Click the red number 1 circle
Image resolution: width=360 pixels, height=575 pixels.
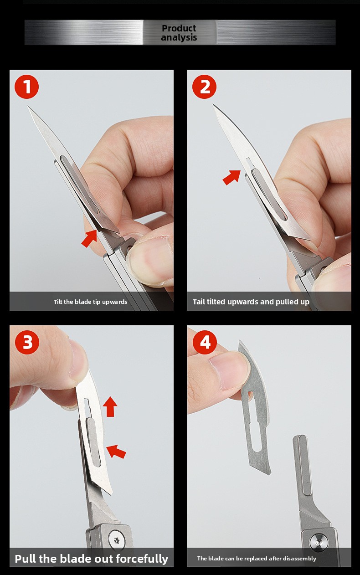tap(27, 87)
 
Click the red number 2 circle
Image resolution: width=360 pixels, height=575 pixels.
tap(205, 87)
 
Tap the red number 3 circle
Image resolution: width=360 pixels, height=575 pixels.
tap(27, 342)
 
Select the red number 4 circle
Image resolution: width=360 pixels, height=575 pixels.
tap(205, 342)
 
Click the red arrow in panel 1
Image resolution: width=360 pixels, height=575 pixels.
tap(89, 239)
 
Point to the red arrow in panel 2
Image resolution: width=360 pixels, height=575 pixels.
tap(231, 177)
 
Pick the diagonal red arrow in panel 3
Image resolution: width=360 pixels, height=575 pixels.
tap(116, 452)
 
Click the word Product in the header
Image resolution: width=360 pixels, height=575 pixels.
tap(179, 28)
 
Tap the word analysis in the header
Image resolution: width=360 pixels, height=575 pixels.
tap(179, 37)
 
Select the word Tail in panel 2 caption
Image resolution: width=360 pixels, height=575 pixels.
tap(199, 302)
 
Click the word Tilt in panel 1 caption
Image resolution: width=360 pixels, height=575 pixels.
tap(58, 302)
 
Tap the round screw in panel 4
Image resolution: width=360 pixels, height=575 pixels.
tap(319, 542)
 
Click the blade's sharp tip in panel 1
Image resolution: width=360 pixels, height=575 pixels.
tap(28, 106)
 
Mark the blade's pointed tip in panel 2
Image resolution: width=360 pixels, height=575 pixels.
tap(213, 104)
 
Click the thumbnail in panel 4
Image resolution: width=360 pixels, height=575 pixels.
tap(230, 372)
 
